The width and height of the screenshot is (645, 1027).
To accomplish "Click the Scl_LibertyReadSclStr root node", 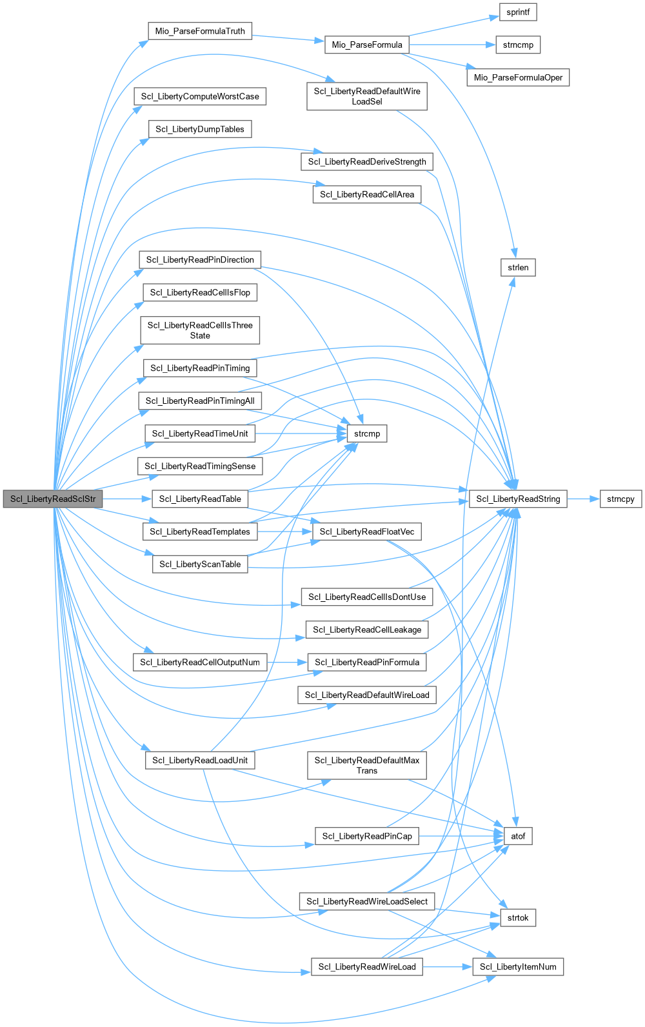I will click(x=52, y=499).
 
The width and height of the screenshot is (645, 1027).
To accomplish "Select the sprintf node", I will click(x=518, y=12).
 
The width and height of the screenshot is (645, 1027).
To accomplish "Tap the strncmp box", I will click(x=518, y=45).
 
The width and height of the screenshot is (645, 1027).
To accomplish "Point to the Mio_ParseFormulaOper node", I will click(x=518, y=77).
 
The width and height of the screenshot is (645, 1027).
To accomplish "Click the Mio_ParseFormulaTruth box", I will click(x=200, y=31).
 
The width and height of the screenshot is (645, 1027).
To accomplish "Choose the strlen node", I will click(x=518, y=267).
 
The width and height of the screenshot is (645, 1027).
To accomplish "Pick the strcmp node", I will click(x=367, y=434).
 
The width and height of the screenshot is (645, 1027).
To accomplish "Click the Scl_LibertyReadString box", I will click(x=518, y=499).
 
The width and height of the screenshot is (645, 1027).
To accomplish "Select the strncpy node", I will click(x=620, y=499).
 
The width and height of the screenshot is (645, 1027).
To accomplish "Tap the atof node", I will click(x=518, y=836).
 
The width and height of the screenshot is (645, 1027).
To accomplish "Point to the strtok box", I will click(x=518, y=917).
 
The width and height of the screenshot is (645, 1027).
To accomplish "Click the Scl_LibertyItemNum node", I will click(x=518, y=966).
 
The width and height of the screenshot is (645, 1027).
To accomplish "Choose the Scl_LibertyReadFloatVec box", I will click(x=367, y=532).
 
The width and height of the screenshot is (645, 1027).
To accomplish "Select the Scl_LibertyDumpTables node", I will click(x=200, y=129).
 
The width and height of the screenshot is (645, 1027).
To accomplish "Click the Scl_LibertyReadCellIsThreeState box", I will click(x=200, y=330).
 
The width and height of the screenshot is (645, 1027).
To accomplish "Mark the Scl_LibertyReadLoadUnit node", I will click(x=200, y=760).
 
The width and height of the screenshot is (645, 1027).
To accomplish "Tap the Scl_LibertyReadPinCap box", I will click(x=367, y=836).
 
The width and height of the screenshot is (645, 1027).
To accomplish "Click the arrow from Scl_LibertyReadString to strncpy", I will click(x=584, y=499).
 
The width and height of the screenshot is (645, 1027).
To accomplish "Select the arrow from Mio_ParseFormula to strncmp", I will click(x=451, y=45).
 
